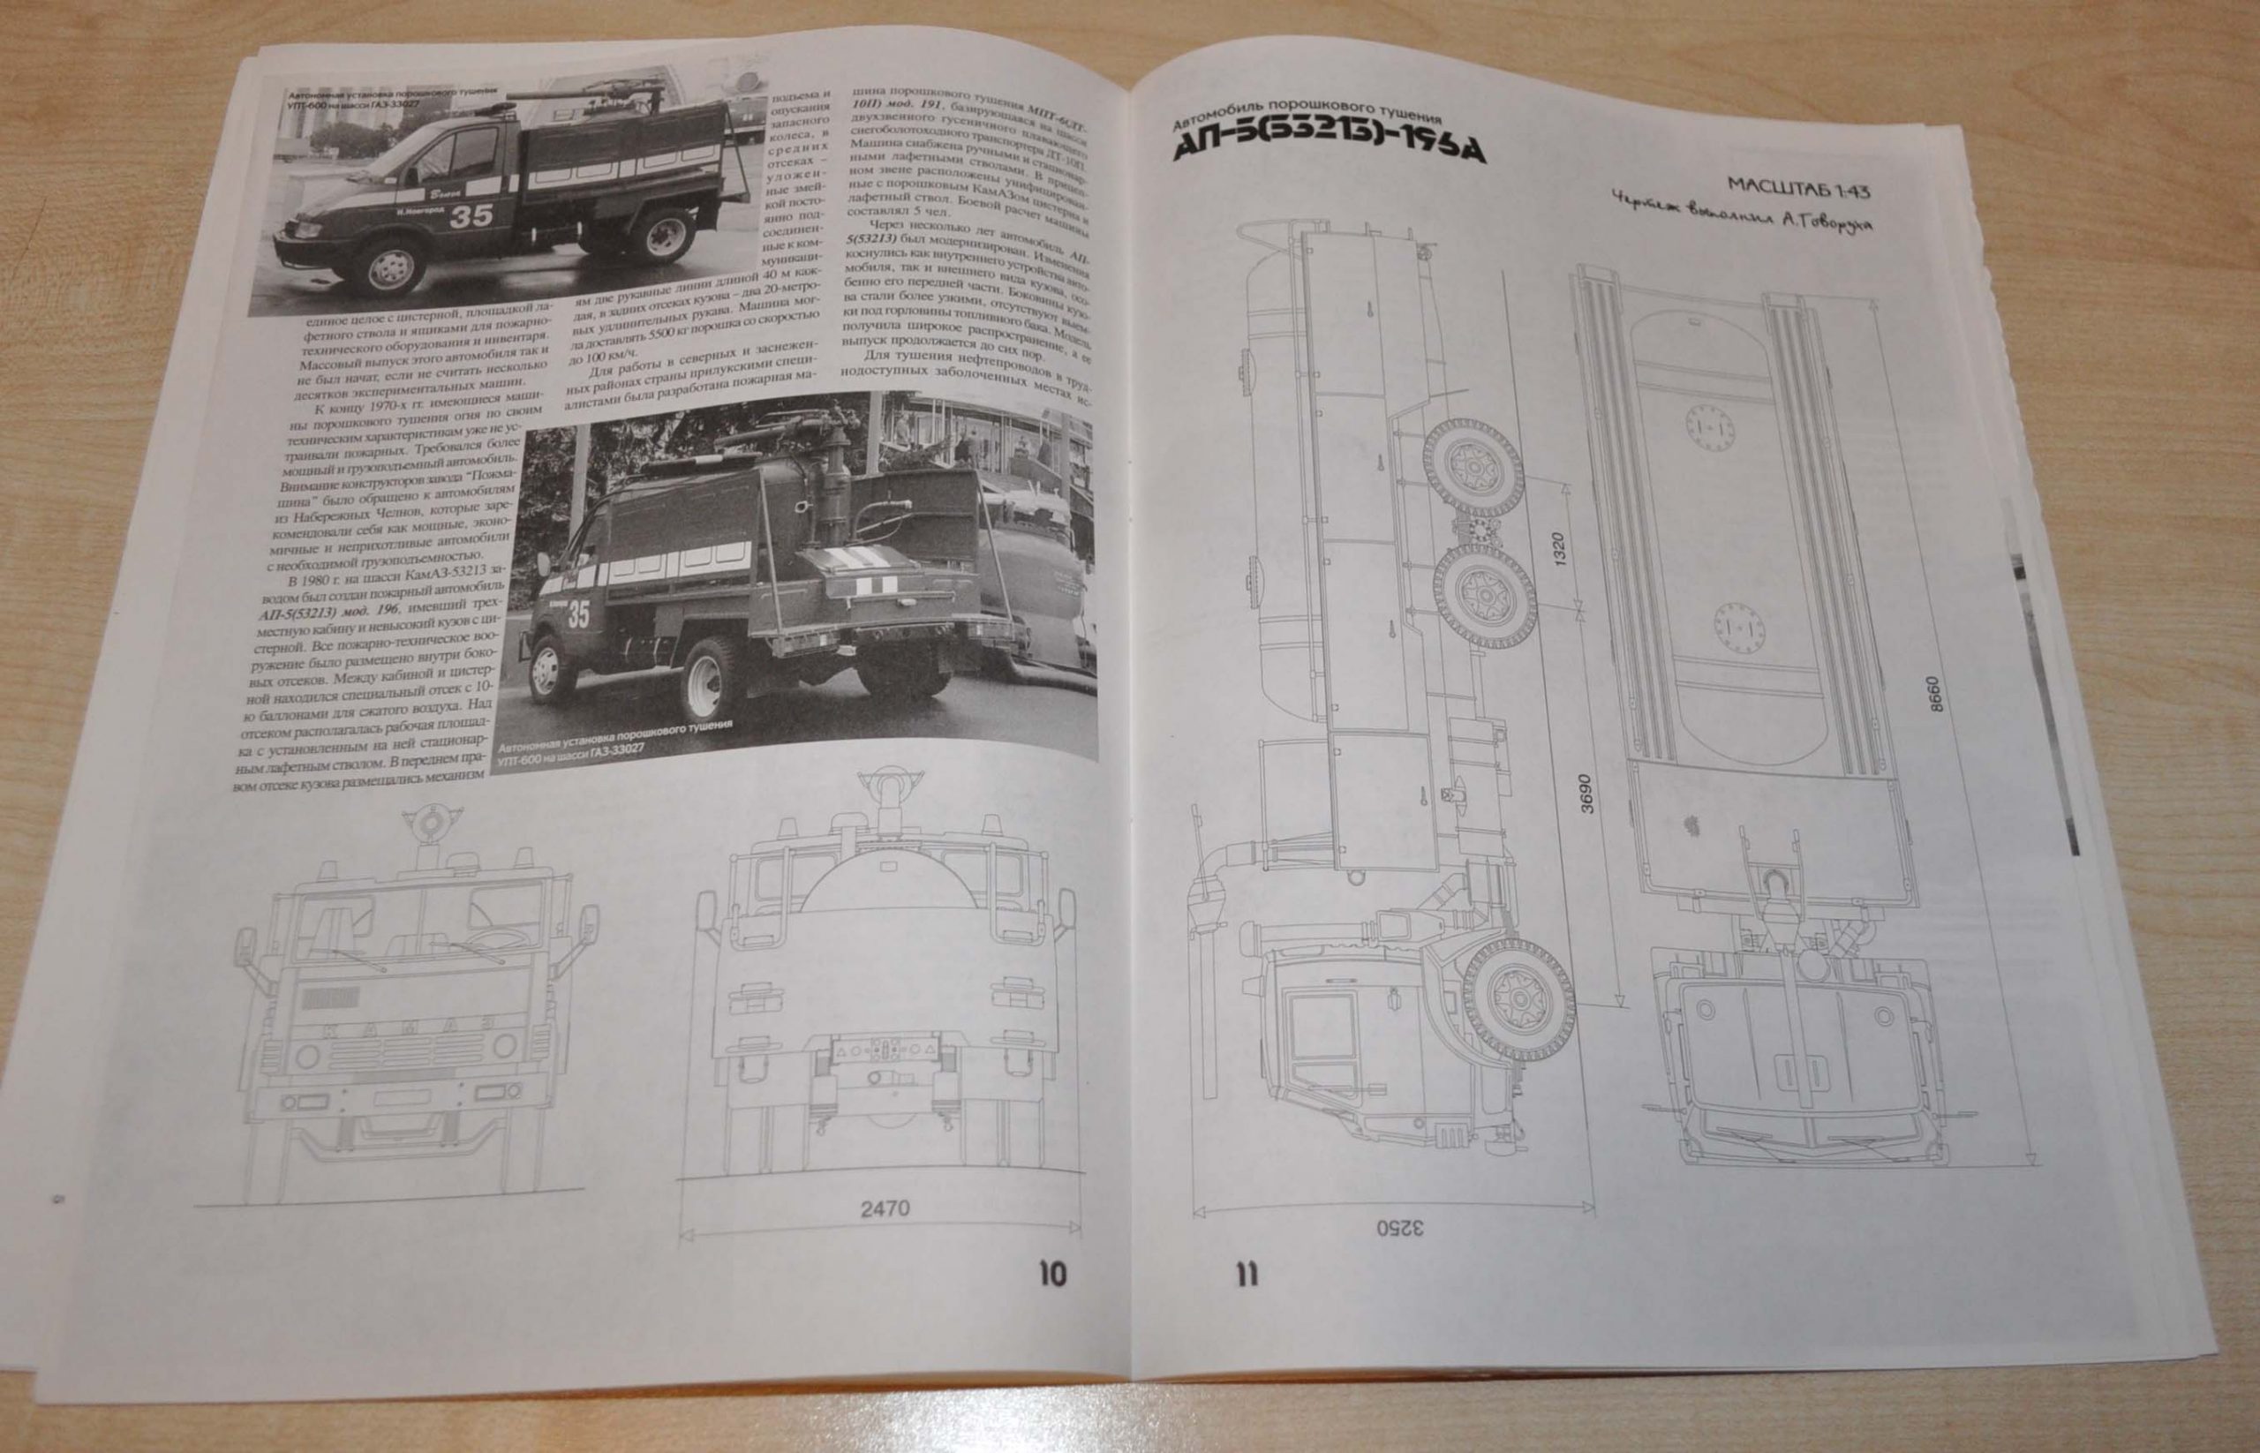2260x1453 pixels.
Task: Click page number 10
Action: coord(1051,1274)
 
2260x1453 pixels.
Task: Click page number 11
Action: coord(1245,1276)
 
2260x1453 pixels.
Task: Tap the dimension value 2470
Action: coord(885,1208)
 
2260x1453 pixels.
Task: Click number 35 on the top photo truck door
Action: coord(470,215)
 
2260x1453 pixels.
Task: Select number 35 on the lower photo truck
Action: coord(577,614)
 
